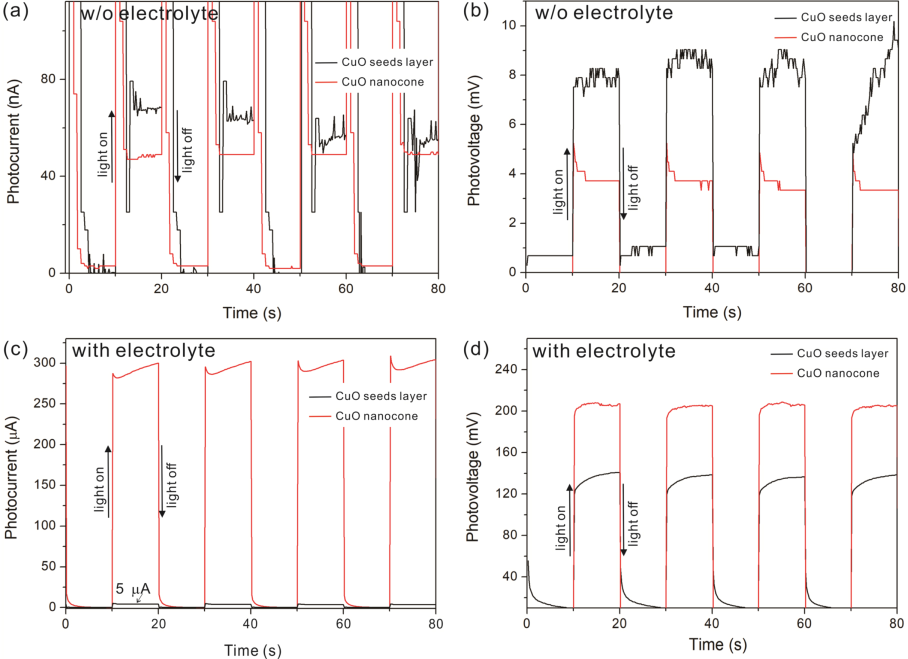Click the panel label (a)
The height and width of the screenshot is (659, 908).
click(15, 11)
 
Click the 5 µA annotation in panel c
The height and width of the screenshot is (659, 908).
click(132, 588)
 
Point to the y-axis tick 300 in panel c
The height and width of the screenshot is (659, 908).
click(44, 362)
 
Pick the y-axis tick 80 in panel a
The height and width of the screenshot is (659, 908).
click(48, 79)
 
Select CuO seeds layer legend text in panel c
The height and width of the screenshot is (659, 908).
click(381, 396)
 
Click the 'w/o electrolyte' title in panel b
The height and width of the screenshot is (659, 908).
click(603, 13)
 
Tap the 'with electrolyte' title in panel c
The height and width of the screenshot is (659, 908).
click(143, 350)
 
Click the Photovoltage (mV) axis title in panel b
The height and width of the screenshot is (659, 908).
click(473, 140)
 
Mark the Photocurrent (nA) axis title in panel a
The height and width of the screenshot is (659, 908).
click(13, 141)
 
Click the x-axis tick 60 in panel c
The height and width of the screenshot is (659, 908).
click(343, 623)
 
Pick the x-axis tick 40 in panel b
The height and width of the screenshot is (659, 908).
click(711, 288)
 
